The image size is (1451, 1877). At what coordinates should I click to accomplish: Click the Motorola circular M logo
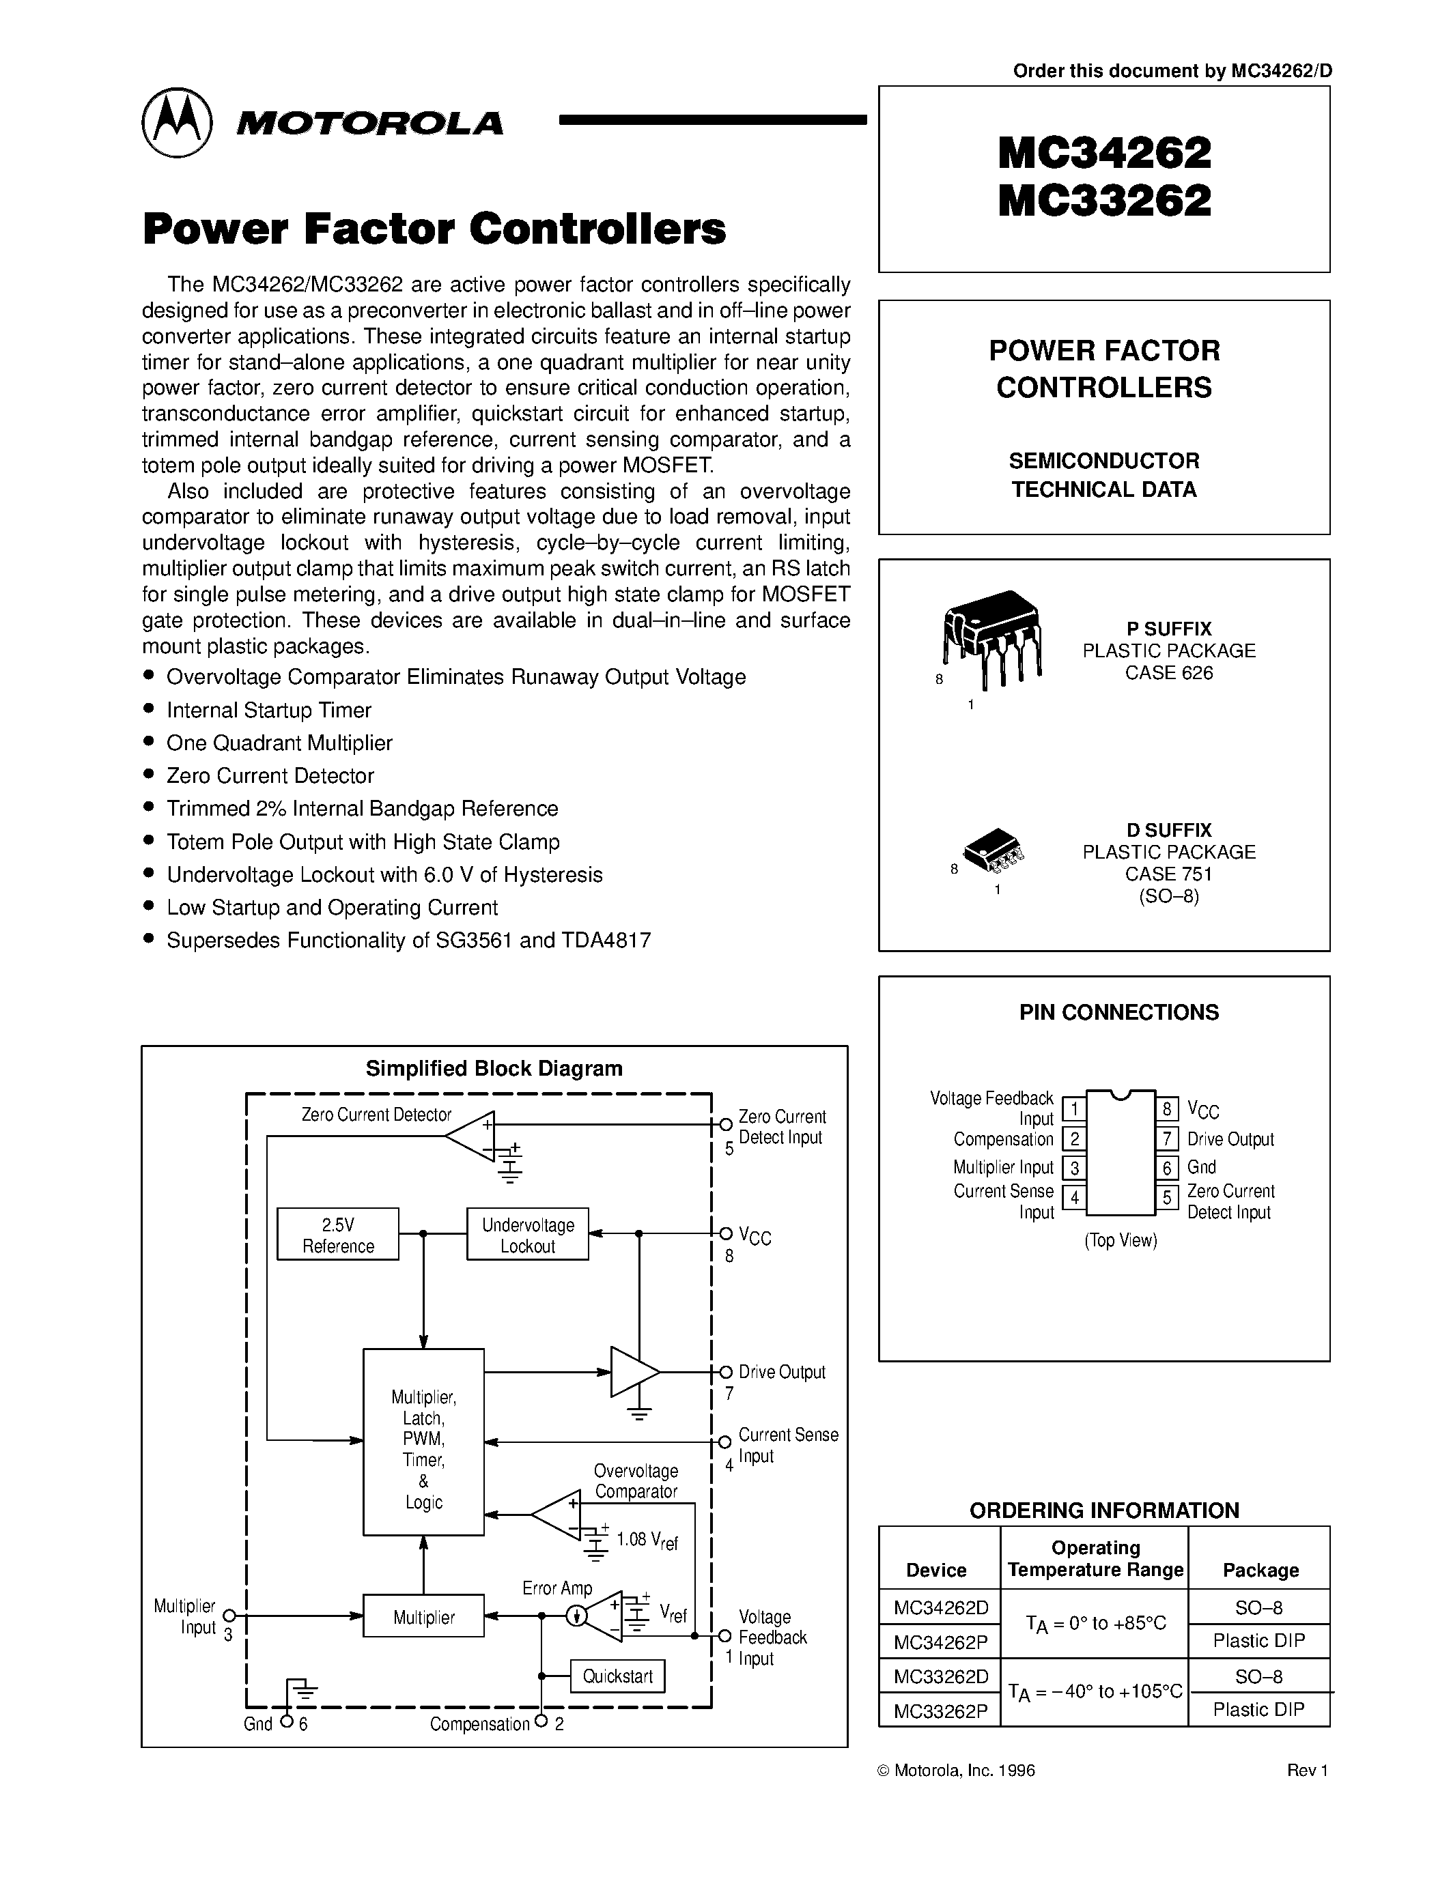(176, 123)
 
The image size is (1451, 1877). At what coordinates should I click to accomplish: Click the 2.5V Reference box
(338, 1235)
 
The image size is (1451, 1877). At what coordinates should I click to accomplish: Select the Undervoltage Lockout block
(528, 1235)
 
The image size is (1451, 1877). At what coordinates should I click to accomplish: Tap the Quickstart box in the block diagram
(617, 1676)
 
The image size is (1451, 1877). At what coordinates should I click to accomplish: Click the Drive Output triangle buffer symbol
(633, 1372)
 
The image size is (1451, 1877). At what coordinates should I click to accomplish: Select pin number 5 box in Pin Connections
(1166, 1197)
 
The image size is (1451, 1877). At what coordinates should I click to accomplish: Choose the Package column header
(1260, 1570)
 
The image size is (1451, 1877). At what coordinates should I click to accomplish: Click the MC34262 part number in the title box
(1105, 154)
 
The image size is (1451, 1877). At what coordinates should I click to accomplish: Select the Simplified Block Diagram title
(494, 1068)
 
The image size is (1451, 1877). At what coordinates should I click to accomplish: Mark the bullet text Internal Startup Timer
(269, 710)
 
